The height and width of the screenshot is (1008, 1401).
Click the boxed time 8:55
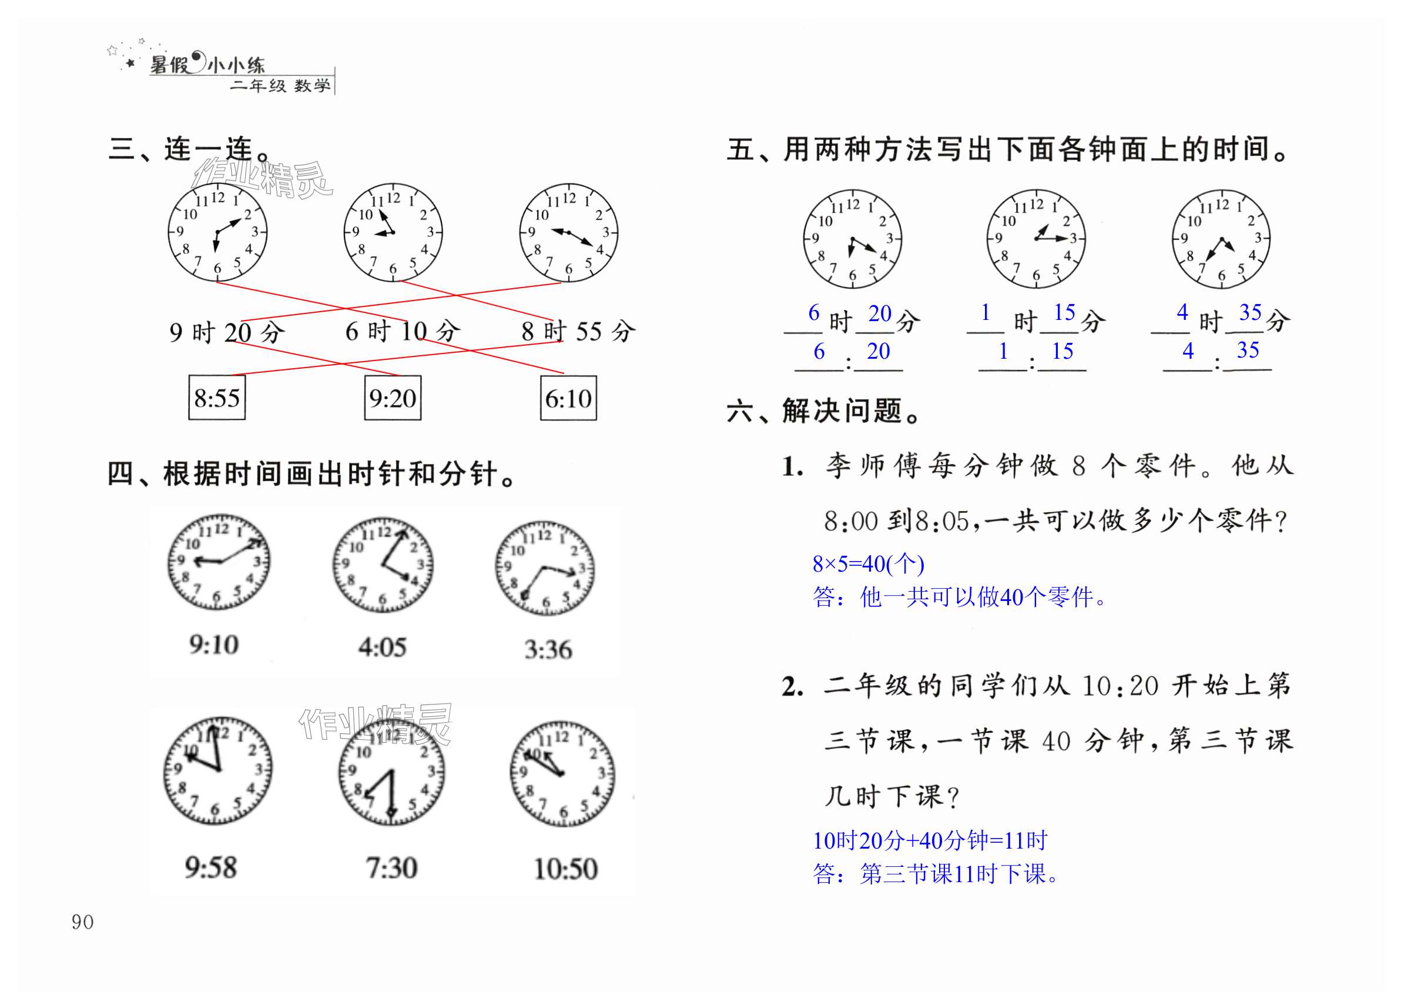tap(217, 398)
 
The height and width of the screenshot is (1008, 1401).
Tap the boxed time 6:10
tap(568, 399)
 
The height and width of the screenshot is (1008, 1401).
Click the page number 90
tap(82, 922)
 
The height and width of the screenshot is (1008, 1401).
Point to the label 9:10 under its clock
tap(214, 645)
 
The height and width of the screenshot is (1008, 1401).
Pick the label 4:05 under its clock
tap(383, 647)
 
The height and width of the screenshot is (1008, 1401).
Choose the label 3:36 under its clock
tap(548, 649)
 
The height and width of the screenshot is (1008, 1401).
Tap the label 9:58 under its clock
tap(210, 867)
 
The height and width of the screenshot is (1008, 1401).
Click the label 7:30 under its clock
tap(391, 868)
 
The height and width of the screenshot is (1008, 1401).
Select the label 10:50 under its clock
tap(566, 869)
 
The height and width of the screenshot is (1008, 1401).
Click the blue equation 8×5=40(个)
tap(868, 563)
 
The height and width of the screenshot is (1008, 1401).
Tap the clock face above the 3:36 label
tap(545, 569)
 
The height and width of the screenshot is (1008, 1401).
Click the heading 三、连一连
tap(189, 149)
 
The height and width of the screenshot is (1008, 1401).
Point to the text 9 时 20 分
tap(227, 332)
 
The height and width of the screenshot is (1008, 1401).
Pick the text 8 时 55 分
tap(578, 331)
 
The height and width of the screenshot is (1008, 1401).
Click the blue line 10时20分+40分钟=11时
tap(930, 840)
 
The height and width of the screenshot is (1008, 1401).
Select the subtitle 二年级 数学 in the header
tap(280, 85)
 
